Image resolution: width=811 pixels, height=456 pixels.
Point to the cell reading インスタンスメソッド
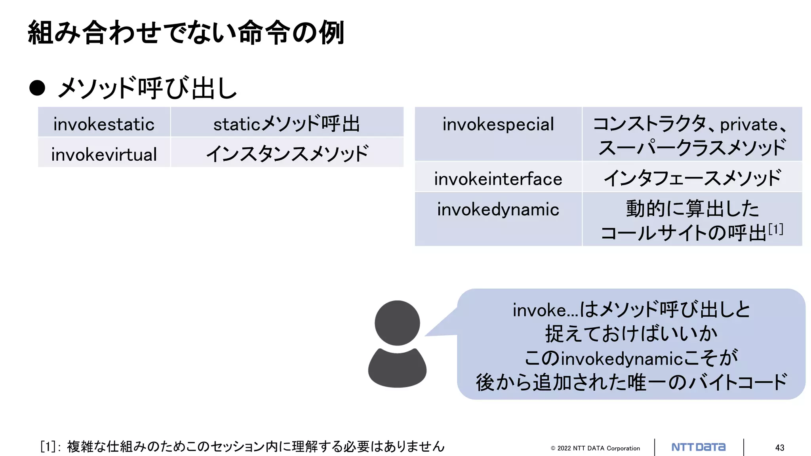[287, 154]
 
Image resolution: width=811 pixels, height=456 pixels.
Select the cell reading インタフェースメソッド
[692, 179]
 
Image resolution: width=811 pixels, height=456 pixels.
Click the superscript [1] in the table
[776, 229]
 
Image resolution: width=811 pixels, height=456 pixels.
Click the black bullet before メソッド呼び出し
[37, 88]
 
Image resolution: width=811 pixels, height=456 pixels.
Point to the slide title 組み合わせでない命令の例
[186, 32]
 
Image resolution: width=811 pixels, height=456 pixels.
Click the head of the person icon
[397, 323]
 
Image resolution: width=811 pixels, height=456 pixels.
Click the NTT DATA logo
[699, 447]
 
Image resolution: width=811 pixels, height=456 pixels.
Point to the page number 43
[779, 448]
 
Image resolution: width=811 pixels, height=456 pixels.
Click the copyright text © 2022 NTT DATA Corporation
[595, 448]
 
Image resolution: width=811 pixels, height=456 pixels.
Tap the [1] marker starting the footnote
[48, 446]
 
